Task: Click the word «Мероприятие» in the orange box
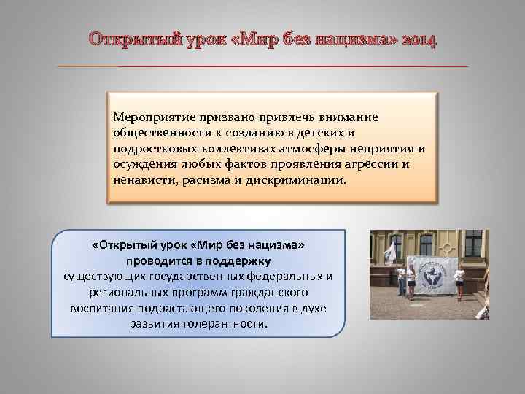[x=149, y=117]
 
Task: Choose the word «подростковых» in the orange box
[x=150, y=149]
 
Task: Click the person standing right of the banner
[x=459, y=282]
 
